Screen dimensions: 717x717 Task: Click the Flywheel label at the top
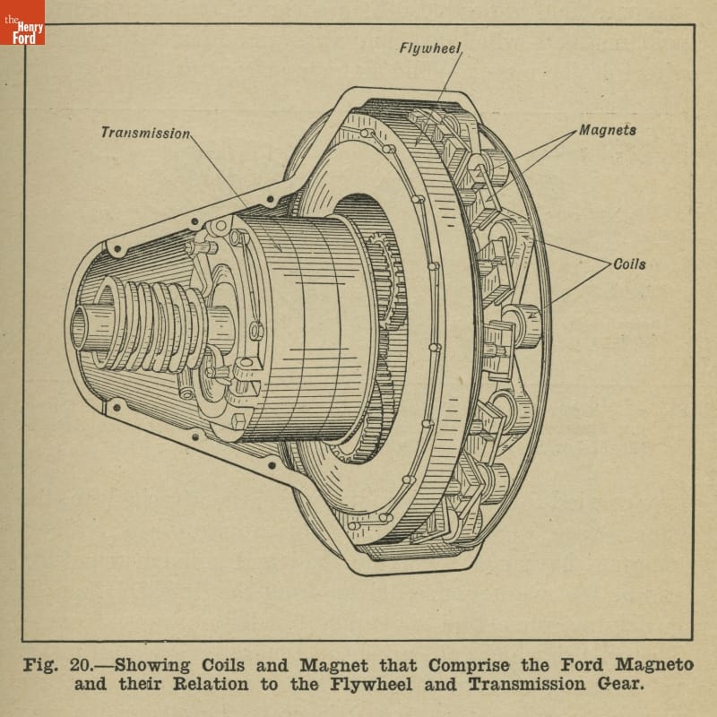click(x=430, y=48)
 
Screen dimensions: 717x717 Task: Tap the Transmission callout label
click(x=145, y=133)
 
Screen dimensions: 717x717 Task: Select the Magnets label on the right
click(x=608, y=130)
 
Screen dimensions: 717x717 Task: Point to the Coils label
click(x=629, y=264)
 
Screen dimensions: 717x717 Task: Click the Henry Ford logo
click(x=22, y=23)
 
